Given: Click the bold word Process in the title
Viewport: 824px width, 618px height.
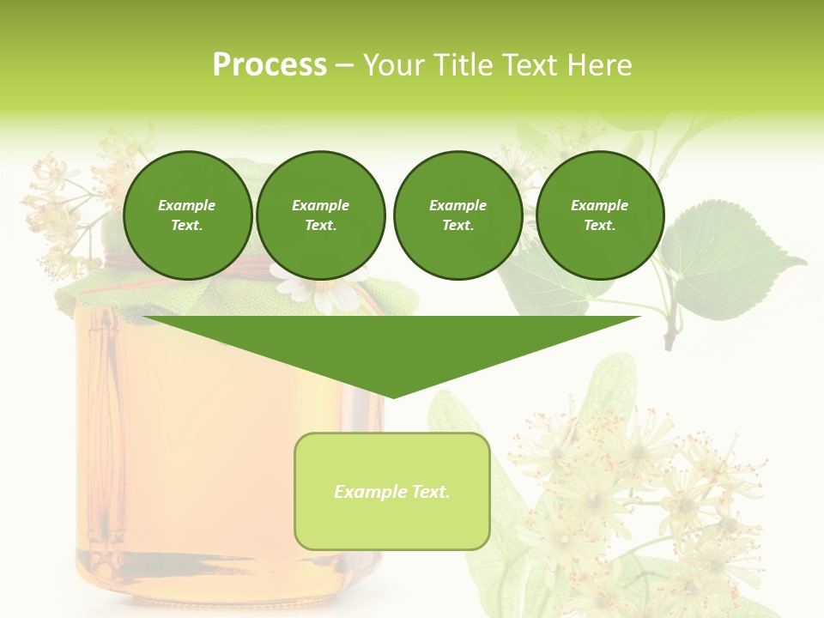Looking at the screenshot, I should (x=270, y=65).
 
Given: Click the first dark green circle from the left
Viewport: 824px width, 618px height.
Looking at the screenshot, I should (x=187, y=215).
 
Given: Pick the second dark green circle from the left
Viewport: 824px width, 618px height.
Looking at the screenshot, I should (x=320, y=215).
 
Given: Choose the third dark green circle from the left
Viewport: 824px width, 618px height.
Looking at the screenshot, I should (x=457, y=215).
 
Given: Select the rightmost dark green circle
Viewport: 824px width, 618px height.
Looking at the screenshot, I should (x=599, y=215).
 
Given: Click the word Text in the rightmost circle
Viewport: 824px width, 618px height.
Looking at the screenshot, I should (x=599, y=226).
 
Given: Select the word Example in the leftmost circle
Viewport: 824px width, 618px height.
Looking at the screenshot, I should (x=187, y=205).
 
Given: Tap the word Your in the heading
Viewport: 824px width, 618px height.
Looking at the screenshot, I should (x=391, y=65).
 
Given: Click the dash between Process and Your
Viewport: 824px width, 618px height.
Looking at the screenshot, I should (x=343, y=65).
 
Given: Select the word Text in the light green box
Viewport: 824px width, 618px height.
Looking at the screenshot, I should (x=432, y=492).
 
